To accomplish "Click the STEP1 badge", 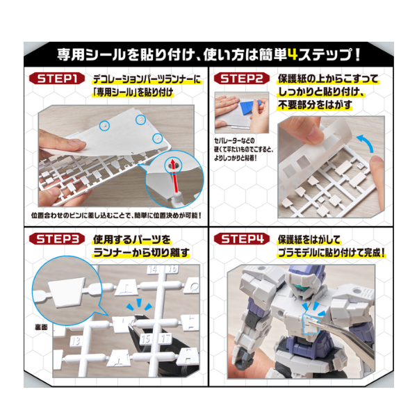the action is [57, 79].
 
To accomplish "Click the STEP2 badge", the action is [241, 79].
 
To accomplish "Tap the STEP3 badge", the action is [57, 239].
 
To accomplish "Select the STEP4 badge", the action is [241, 239].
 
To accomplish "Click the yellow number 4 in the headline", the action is [293, 54].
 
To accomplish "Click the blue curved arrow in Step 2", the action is [366, 143].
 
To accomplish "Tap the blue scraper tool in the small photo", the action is [250, 106].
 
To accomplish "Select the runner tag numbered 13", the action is [76, 341].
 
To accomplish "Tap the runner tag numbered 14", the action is [153, 269].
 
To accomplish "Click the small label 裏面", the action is [41, 327].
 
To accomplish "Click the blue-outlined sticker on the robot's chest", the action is [311, 323].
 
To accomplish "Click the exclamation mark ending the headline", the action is [357, 54].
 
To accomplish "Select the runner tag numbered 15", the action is [146, 339].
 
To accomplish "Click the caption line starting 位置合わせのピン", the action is [115, 215].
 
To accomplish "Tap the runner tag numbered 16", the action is [172, 268].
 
